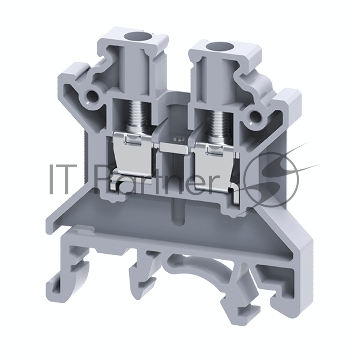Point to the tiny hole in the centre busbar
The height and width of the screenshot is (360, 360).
click(x=178, y=139)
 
